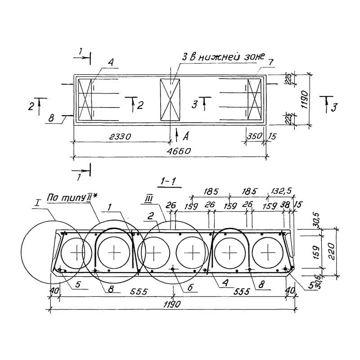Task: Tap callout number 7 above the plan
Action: click(270, 62)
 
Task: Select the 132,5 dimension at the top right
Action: click(281, 191)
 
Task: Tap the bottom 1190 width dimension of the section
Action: click(172, 304)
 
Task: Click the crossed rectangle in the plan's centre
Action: click(171, 100)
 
